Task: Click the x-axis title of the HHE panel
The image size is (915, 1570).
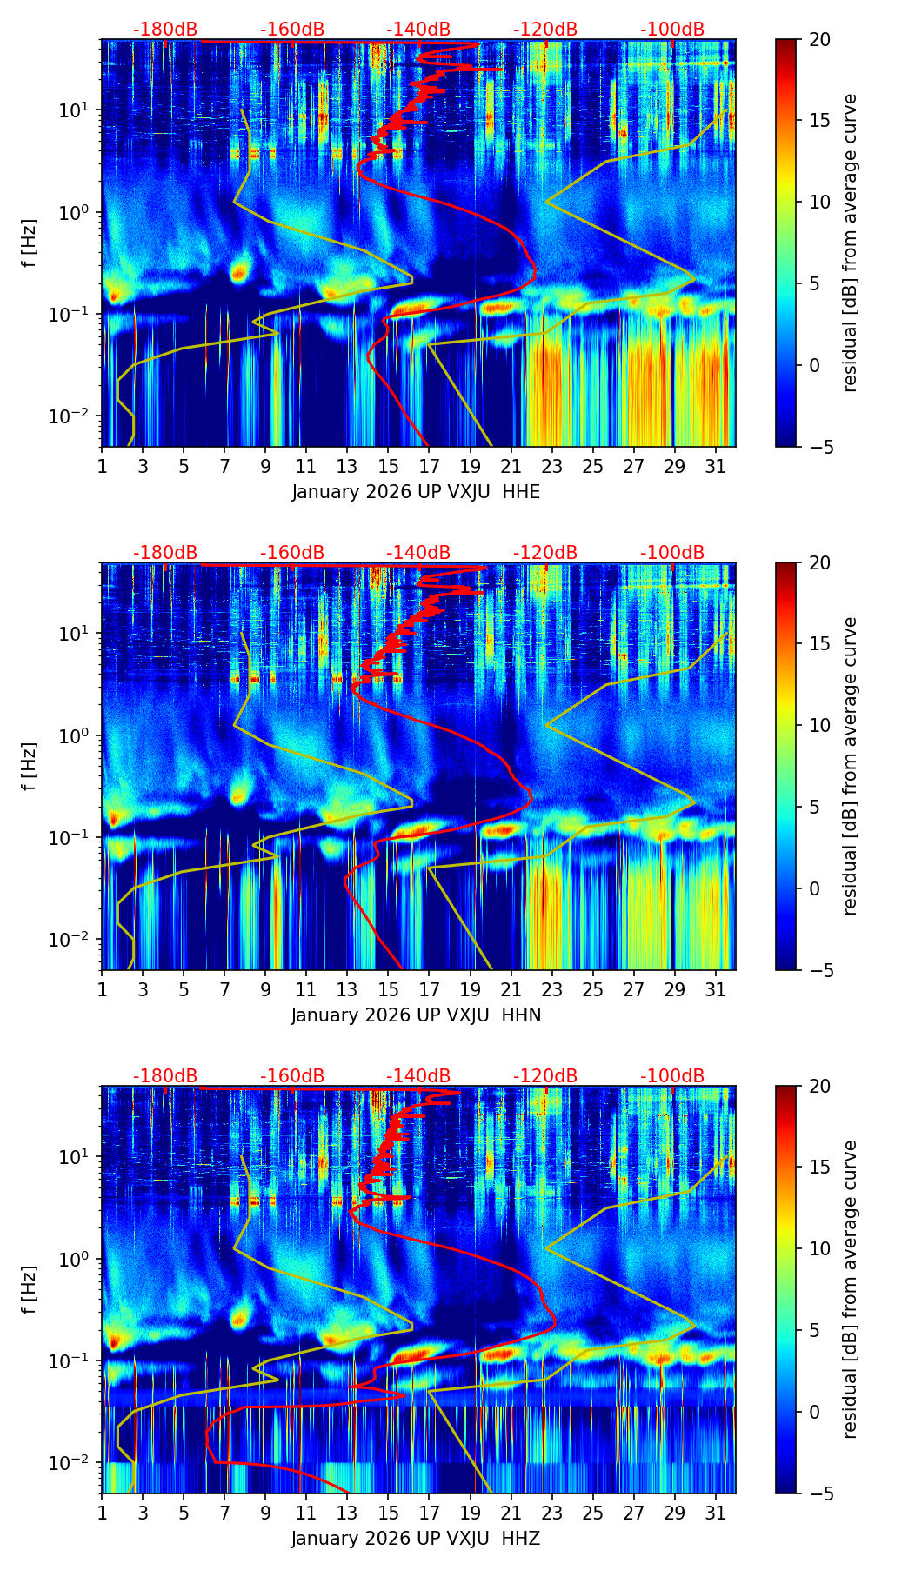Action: click(416, 492)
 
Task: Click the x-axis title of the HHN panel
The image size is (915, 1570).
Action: click(416, 1015)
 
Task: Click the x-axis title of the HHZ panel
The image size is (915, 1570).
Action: click(416, 1539)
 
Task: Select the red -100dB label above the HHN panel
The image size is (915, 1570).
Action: click(672, 553)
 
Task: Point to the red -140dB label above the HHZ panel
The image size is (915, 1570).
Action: click(418, 1076)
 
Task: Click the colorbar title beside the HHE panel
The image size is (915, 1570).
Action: click(851, 243)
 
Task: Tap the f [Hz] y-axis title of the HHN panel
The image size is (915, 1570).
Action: click(30, 766)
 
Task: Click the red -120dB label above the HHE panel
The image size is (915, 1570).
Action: click(545, 30)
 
